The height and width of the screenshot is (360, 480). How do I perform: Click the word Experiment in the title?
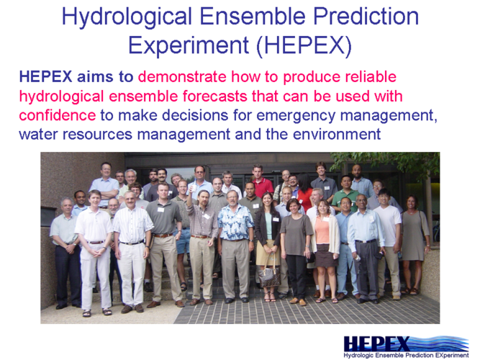point(189,45)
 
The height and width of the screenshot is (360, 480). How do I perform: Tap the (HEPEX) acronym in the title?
point(304,46)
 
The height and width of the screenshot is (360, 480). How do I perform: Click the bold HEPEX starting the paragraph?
point(45,76)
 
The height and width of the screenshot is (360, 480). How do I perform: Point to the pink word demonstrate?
point(182,76)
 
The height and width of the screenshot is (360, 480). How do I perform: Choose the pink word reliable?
point(368,76)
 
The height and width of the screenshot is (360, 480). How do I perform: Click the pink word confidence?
point(58,115)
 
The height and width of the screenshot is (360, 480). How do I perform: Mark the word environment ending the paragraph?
point(337,134)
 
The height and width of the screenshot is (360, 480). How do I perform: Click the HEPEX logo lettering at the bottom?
point(376,343)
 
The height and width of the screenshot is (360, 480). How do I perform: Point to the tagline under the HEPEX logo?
point(406,356)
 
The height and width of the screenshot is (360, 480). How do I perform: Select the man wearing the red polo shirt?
point(261,181)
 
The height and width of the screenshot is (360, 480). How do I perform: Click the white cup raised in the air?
point(193,188)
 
